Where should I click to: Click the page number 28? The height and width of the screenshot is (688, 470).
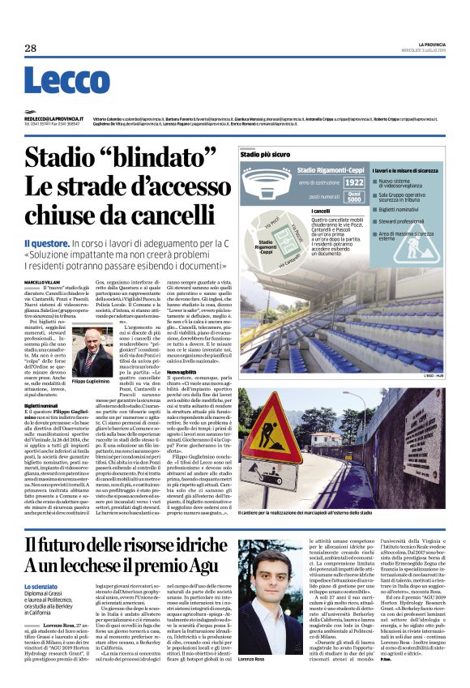pyautogui.click(x=31, y=49)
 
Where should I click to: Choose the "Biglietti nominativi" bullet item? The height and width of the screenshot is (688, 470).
pyautogui.click(x=406, y=207)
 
